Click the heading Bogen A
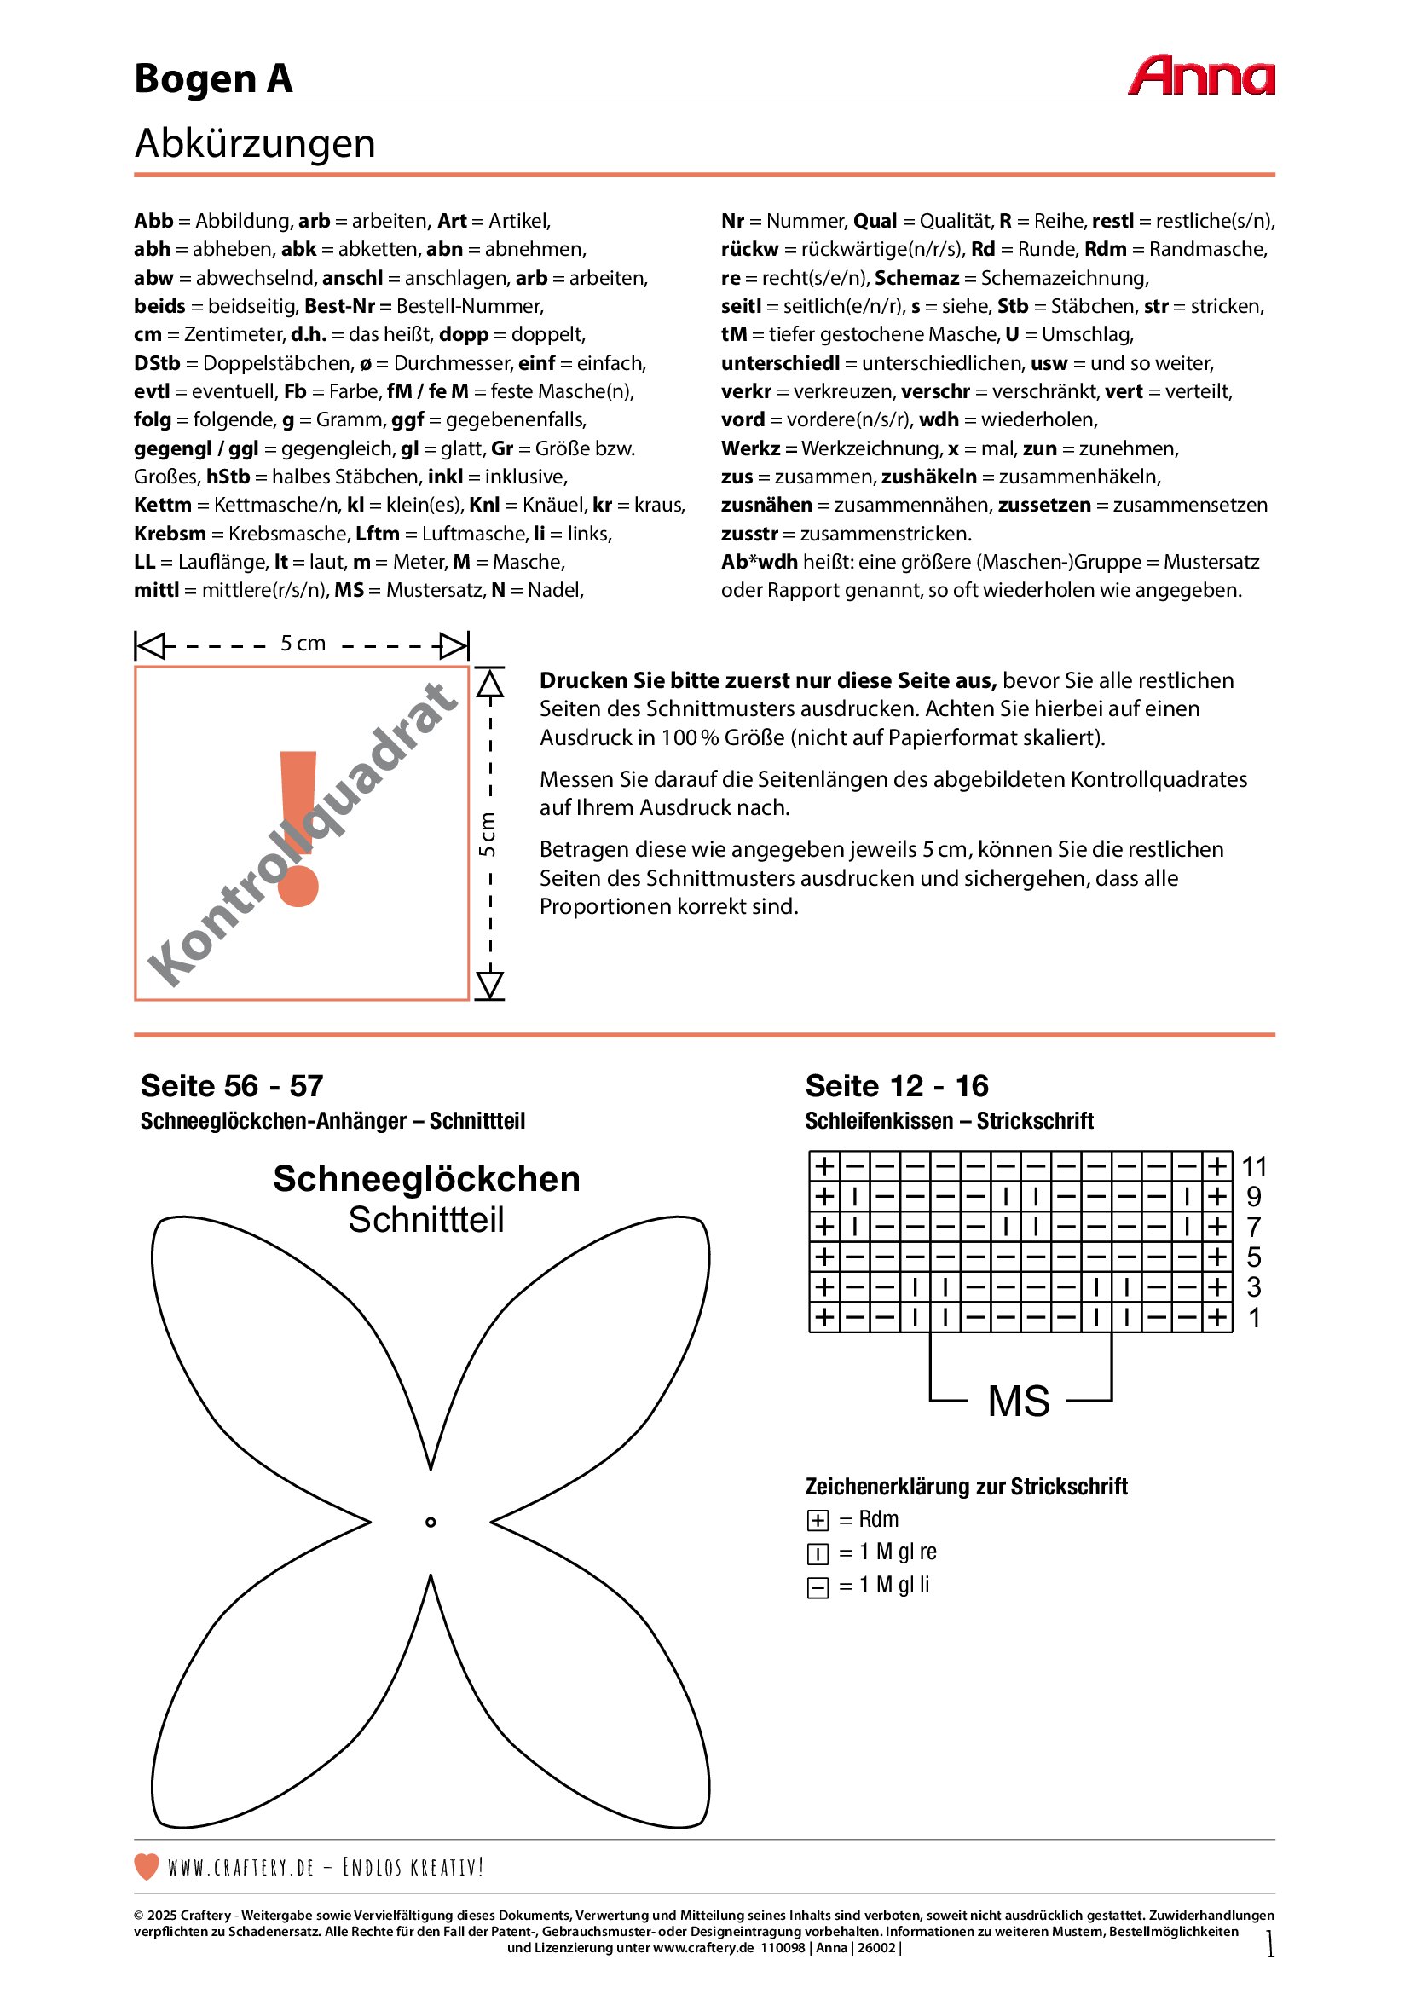pyautogui.click(x=214, y=79)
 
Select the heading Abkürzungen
pyautogui.click(x=255, y=143)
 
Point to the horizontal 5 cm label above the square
pyautogui.click(x=302, y=644)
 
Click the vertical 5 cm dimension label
pyautogui.click(x=488, y=834)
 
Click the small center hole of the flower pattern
pyautogui.click(x=431, y=1522)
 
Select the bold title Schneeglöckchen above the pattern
pyautogui.click(x=426, y=1178)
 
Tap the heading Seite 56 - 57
pyautogui.click(x=232, y=1085)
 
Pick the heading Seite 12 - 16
pyautogui.click(x=897, y=1085)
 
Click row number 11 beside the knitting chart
pyautogui.click(x=1254, y=1166)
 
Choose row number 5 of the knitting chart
pyautogui.click(x=1254, y=1257)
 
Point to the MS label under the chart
pyautogui.click(x=1020, y=1402)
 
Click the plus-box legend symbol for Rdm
pyautogui.click(x=817, y=1521)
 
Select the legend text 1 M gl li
pyautogui.click(x=894, y=1585)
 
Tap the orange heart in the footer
pyautogui.click(x=147, y=1866)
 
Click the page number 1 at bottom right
pyautogui.click(x=1270, y=1944)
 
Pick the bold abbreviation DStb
pyautogui.click(x=157, y=363)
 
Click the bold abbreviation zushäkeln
pyautogui.click(x=929, y=477)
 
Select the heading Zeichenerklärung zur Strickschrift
pyautogui.click(x=967, y=1487)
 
